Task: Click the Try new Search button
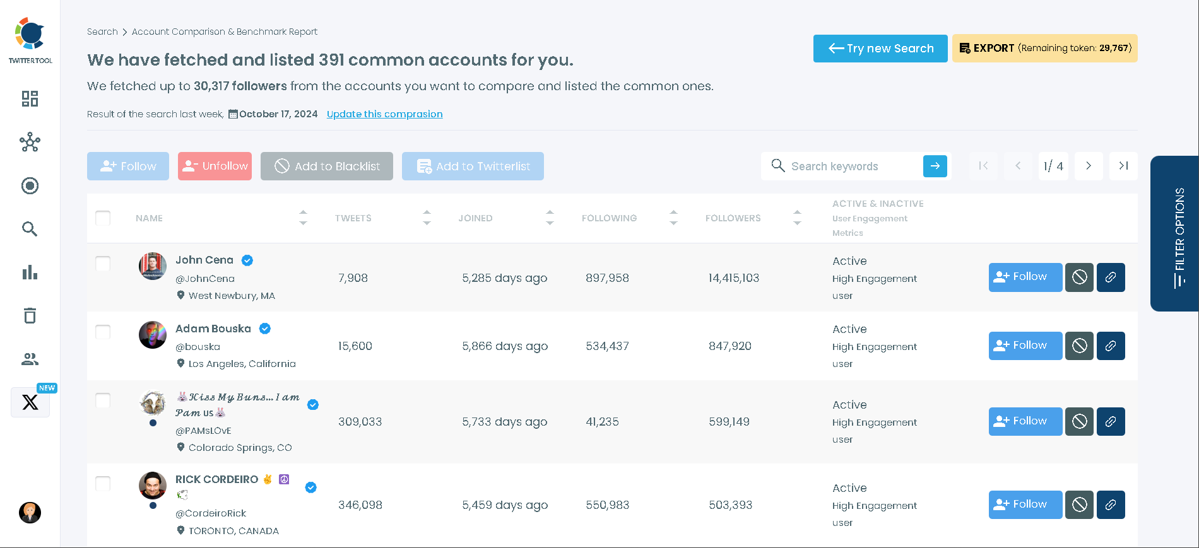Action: click(x=880, y=49)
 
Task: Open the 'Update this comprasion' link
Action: click(x=384, y=114)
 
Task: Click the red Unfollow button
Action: click(x=215, y=166)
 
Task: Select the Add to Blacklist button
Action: click(x=327, y=166)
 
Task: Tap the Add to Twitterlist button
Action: click(x=473, y=166)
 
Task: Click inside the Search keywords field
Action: click(x=846, y=166)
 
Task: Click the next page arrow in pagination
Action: click(x=1089, y=166)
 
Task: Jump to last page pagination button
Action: click(x=1123, y=166)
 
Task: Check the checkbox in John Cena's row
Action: click(x=103, y=264)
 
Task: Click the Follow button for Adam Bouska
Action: click(x=1025, y=346)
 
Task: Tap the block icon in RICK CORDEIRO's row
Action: click(x=1079, y=504)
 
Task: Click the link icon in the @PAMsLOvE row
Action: click(x=1111, y=421)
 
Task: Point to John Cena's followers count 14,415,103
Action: click(x=733, y=278)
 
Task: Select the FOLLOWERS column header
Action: click(x=733, y=218)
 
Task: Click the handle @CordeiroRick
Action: click(x=211, y=513)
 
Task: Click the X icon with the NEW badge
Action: click(x=30, y=402)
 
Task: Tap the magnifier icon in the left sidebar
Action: click(x=30, y=229)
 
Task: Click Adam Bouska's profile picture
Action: click(x=153, y=335)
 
